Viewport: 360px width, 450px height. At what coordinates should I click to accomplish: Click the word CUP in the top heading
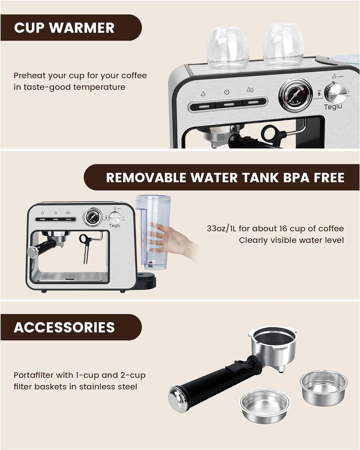click(29, 28)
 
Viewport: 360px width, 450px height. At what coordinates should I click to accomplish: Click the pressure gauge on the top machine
click(294, 94)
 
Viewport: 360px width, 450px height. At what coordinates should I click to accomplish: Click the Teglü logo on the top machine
click(333, 107)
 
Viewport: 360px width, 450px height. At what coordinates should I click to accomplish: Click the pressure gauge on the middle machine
click(92, 217)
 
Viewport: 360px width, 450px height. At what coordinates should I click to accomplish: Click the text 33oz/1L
click(222, 229)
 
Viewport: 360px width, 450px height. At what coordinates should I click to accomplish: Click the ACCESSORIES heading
click(64, 327)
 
